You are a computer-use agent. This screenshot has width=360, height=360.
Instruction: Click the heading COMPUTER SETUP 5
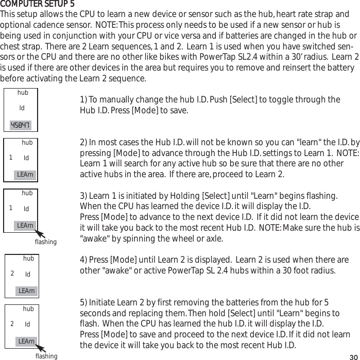(37, 5)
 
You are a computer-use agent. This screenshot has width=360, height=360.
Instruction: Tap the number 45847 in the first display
(21, 125)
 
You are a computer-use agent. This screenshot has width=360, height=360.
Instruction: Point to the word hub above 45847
(23, 93)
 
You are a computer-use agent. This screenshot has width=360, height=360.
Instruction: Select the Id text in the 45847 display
(22, 108)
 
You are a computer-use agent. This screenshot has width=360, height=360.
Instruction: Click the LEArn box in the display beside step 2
(25, 175)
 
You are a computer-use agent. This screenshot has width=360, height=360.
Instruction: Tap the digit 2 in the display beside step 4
(12, 273)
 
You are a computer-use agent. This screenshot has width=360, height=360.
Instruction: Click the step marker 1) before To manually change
(84, 100)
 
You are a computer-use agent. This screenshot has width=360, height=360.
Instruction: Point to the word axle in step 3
(214, 239)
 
